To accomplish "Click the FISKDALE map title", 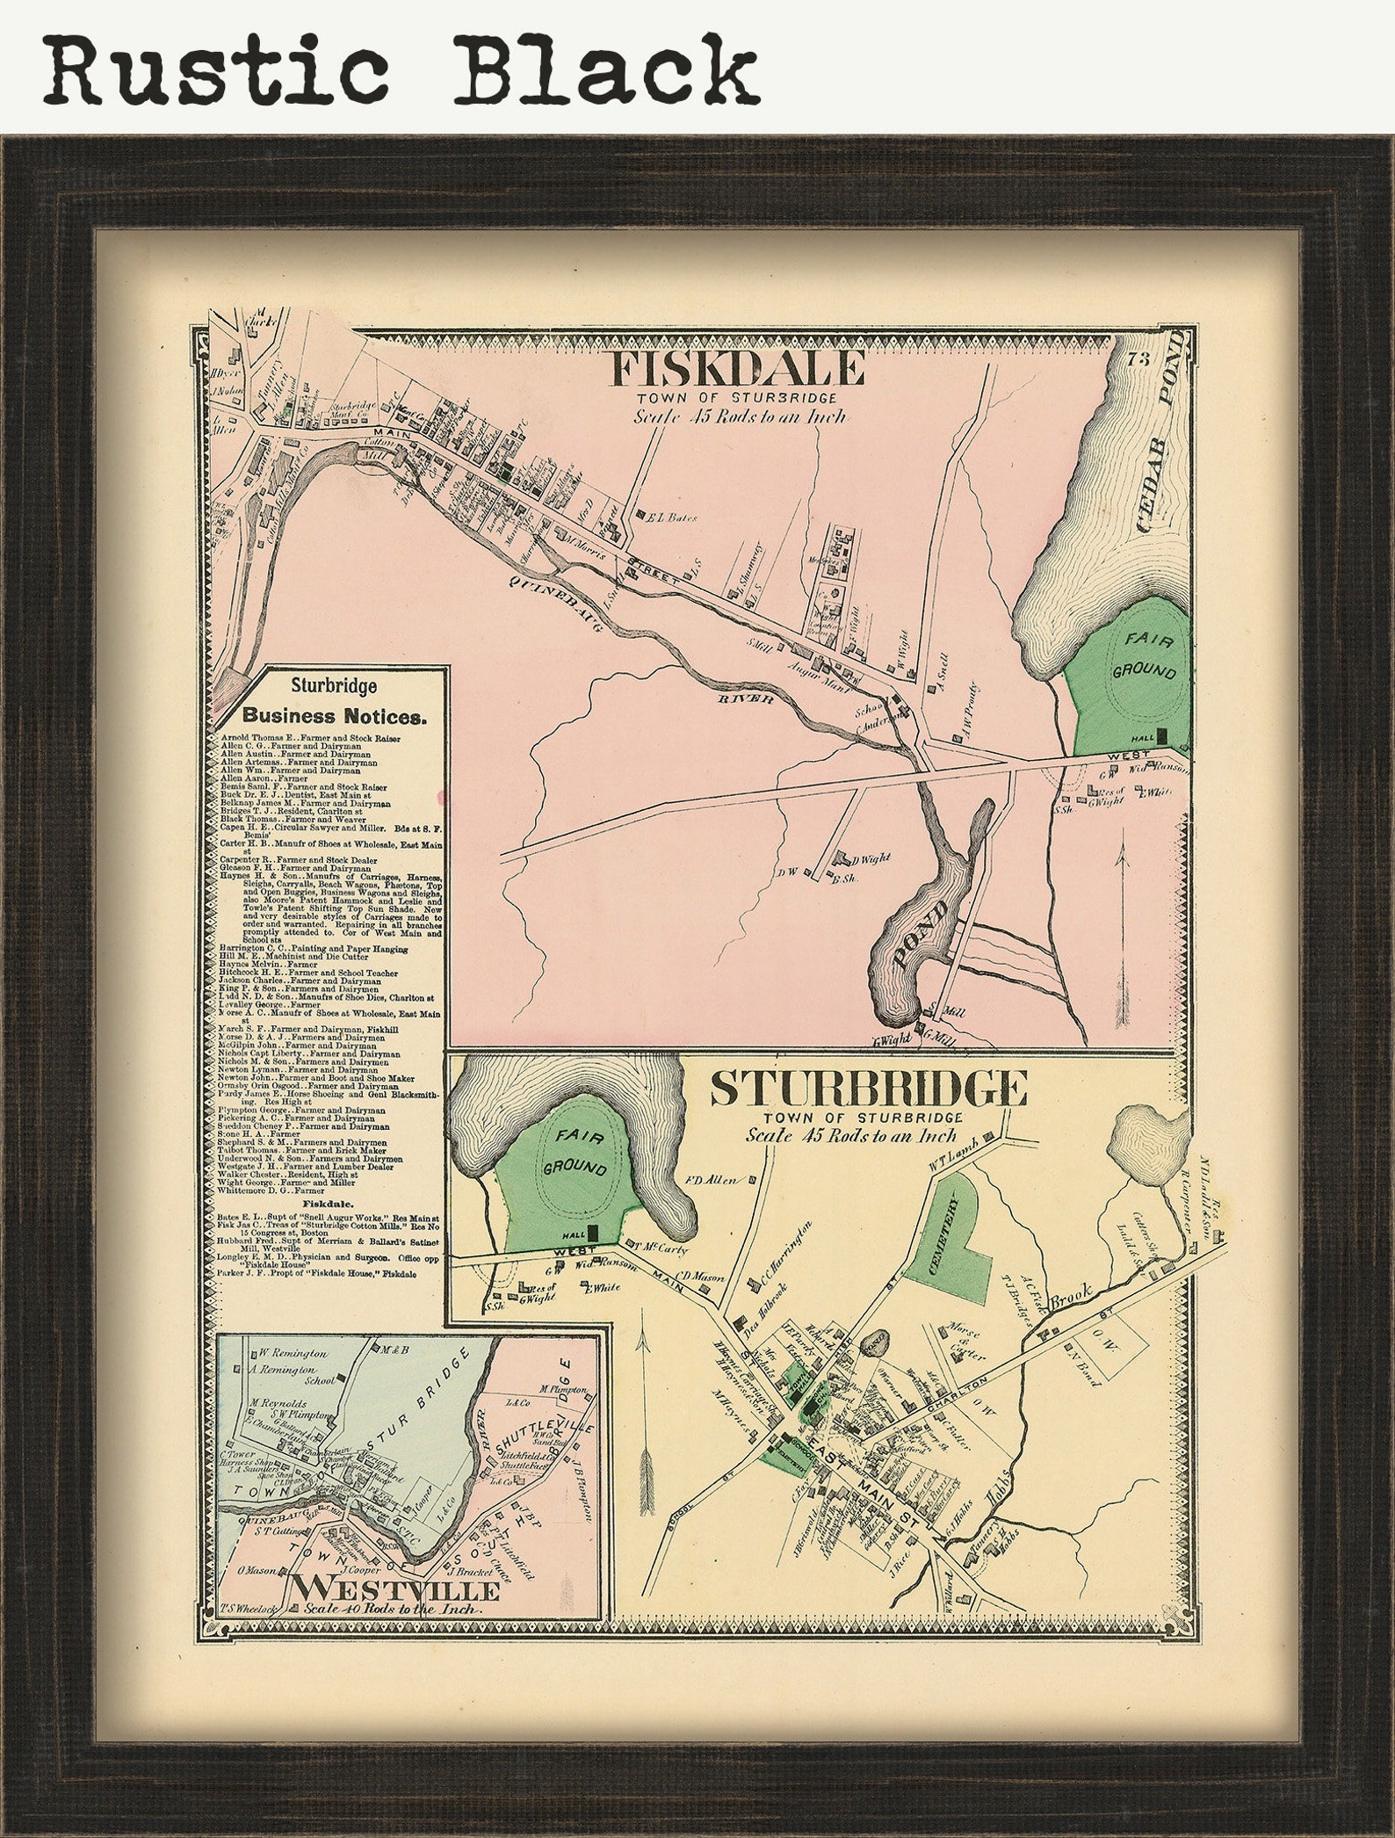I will click(736, 369).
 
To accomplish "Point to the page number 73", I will click(1139, 358).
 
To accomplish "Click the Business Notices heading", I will click(335, 715).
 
